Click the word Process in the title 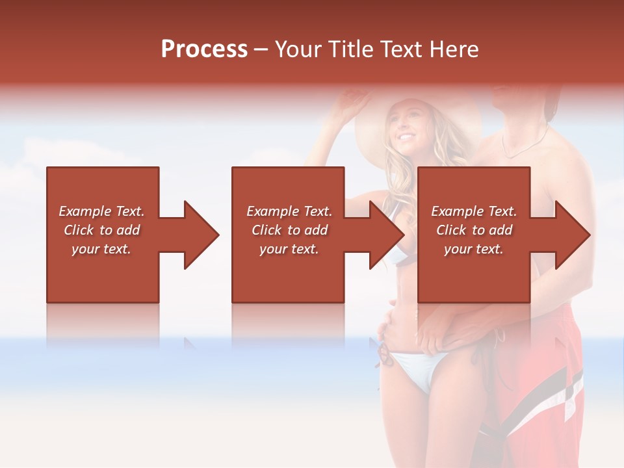pyautogui.click(x=204, y=49)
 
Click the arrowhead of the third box pyautogui.click(x=571, y=235)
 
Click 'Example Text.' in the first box pyautogui.click(x=102, y=211)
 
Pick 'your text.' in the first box pyautogui.click(x=102, y=249)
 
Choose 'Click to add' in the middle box pyautogui.click(x=290, y=230)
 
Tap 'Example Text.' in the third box pyautogui.click(x=474, y=211)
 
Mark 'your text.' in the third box pyautogui.click(x=474, y=249)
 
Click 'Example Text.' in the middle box pyautogui.click(x=290, y=211)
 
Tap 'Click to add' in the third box pyautogui.click(x=474, y=230)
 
